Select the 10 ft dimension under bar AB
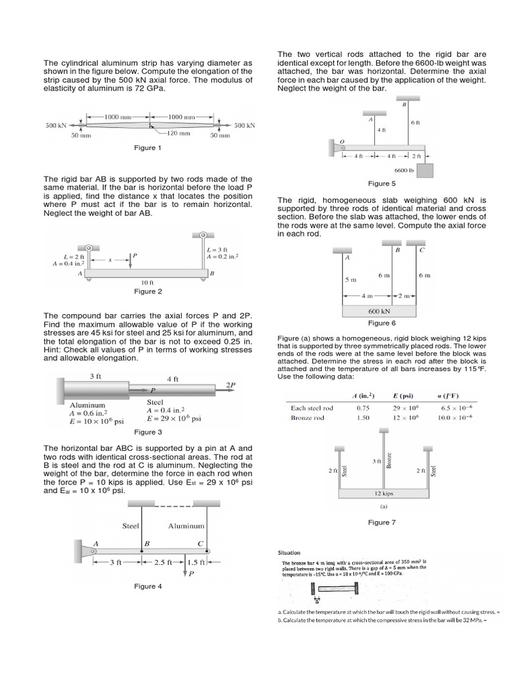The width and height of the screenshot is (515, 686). (x=148, y=283)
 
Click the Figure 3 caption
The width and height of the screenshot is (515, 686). (x=148, y=432)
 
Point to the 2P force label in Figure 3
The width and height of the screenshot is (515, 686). (x=231, y=385)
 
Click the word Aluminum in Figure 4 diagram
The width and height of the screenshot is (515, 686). (x=186, y=526)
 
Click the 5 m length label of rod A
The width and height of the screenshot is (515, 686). (x=350, y=279)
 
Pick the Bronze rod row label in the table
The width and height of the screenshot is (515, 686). (x=307, y=417)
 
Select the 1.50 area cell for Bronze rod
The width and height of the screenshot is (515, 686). (x=362, y=417)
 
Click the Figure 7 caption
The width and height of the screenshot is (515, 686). (x=382, y=522)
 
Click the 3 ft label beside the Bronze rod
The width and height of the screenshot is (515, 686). (x=376, y=462)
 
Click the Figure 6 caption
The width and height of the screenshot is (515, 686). (x=382, y=323)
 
